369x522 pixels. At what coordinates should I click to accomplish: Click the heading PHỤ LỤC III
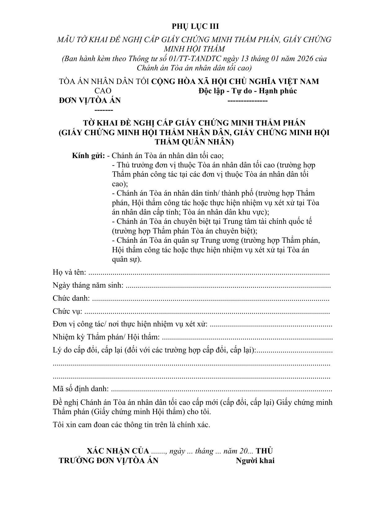[195, 26]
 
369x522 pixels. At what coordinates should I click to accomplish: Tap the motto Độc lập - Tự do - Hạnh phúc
[247, 91]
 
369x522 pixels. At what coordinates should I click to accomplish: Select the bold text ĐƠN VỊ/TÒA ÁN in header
[90, 100]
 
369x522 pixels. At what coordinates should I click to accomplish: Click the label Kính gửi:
[89, 155]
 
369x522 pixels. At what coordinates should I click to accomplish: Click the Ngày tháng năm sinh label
[88, 285]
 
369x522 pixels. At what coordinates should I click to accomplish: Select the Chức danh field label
[71, 298]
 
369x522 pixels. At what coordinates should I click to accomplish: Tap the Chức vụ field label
[67, 311]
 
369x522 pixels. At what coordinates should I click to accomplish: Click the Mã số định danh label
[81, 389]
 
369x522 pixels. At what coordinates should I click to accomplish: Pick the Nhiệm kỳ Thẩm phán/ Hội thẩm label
[106, 337]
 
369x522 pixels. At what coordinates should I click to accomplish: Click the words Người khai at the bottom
[255, 461]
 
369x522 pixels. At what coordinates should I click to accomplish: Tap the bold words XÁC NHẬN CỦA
[118, 451]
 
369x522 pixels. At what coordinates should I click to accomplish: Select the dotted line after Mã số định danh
[221, 389]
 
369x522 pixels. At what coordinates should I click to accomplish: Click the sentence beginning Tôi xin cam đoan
[131, 424]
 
